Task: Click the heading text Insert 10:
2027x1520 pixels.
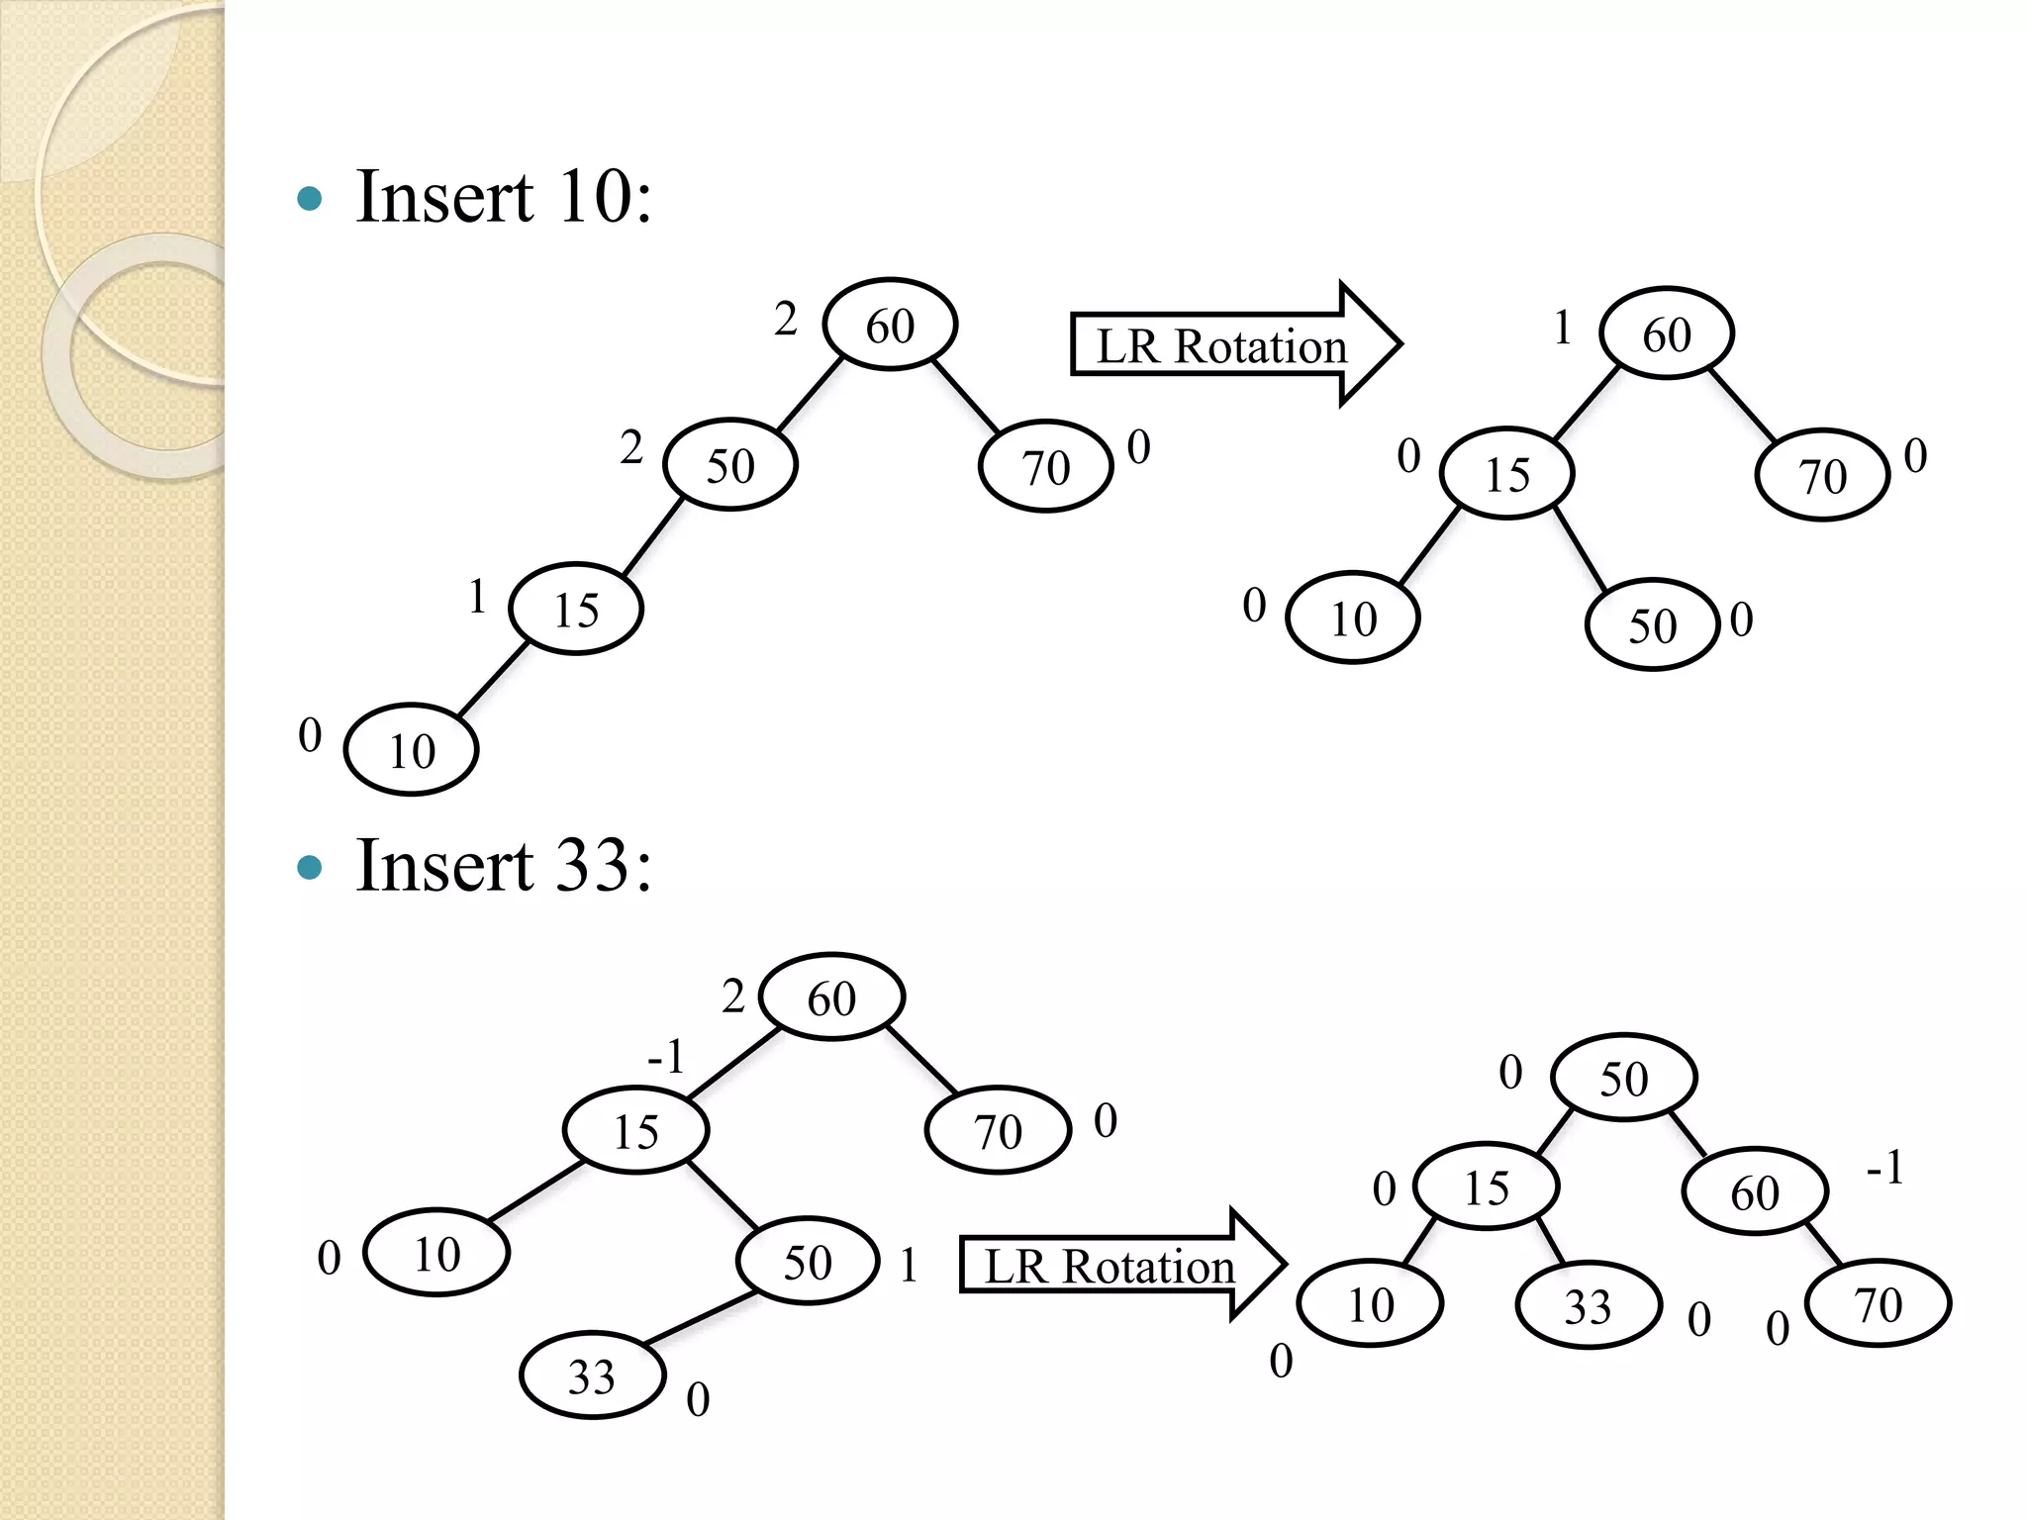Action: click(x=503, y=196)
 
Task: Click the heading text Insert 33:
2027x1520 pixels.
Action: click(x=503, y=866)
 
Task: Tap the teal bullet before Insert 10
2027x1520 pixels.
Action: click(x=310, y=199)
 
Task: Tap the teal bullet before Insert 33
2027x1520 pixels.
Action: click(x=310, y=868)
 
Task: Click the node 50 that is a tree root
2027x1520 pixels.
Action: click(x=1623, y=1078)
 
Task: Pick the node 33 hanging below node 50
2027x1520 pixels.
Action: click(x=592, y=1376)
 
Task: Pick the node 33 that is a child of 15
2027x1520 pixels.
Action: click(x=1588, y=1305)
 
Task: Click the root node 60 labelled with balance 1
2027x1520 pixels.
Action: click(x=1667, y=333)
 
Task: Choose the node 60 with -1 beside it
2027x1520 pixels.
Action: click(x=1754, y=1191)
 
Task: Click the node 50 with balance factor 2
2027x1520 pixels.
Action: click(x=730, y=465)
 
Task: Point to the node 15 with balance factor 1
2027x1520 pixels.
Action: click(x=576, y=610)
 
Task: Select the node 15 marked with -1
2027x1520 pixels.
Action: click(x=635, y=1130)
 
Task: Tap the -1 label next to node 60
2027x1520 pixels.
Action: click(x=1884, y=1168)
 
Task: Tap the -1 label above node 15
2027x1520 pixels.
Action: click(x=666, y=1056)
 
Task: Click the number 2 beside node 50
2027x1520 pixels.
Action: click(x=631, y=447)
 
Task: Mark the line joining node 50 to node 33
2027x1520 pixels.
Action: click(x=701, y=1318)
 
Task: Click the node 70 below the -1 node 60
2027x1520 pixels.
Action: click(x=1878, y=1303)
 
